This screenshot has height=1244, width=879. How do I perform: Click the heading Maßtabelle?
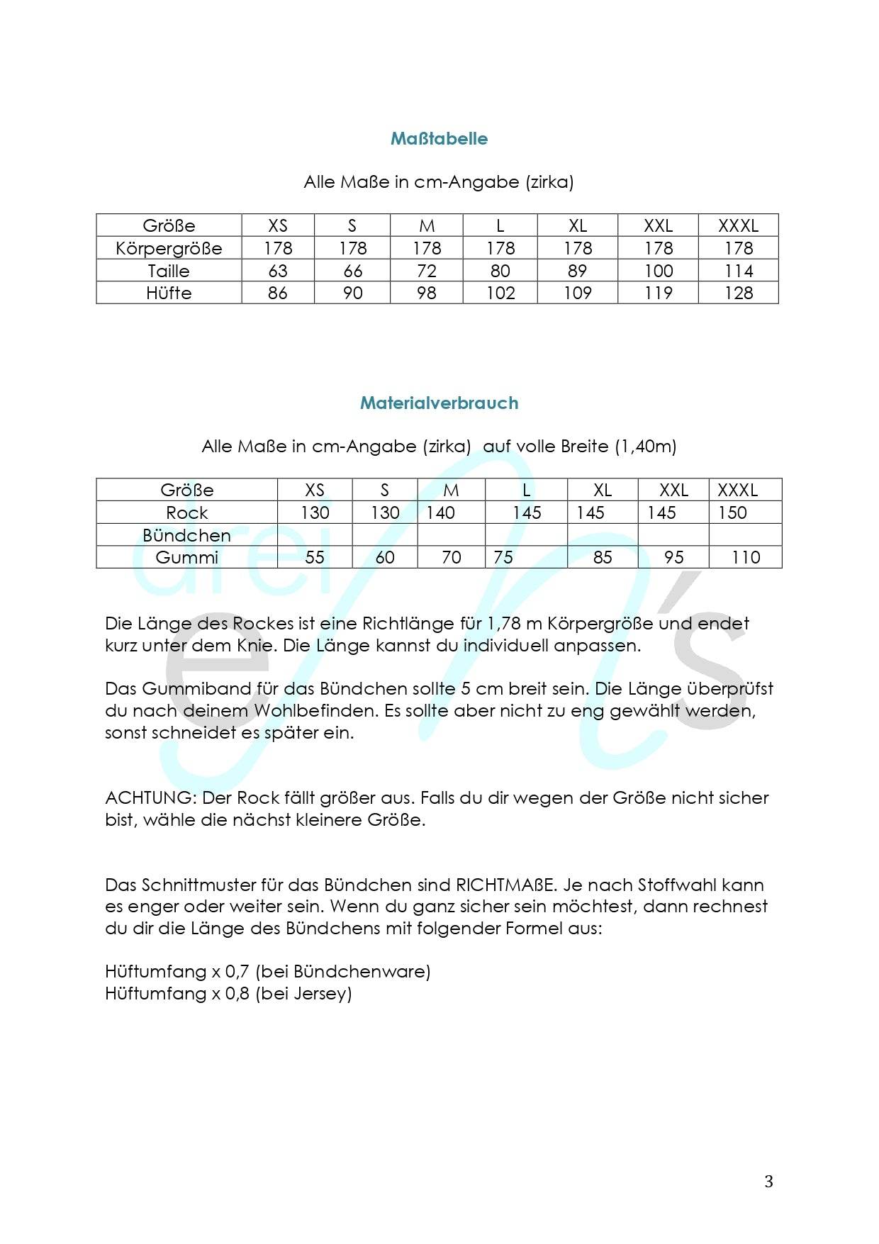click(439, 138)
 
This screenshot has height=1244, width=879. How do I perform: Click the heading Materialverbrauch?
click(439, 403)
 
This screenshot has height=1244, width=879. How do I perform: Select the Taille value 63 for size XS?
click(278, 271)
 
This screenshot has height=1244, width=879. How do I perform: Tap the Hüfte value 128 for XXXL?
click(739, 293)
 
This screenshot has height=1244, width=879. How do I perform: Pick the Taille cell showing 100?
click(659, 271)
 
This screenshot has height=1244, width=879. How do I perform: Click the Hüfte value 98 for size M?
click(427, 293)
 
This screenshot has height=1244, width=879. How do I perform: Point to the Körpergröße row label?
click(169, 248)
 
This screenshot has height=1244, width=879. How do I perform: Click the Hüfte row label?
click(169, 293)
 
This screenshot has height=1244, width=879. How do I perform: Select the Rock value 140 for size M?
click(440, 512)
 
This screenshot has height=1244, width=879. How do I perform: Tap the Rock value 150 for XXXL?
click(732, 512)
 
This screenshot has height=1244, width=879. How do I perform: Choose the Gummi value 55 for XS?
click(315, 557)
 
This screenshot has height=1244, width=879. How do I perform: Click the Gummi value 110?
click(746, 557)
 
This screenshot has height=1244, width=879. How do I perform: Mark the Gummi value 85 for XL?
click(603, 557)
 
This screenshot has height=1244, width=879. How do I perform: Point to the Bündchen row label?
click(186, 535)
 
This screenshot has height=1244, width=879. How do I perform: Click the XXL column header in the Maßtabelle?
click(659, 225)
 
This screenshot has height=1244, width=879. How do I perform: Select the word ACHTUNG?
click(148, 797)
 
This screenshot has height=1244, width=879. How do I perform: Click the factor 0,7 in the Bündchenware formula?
click(237, 971)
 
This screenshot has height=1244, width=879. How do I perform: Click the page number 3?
click(768, 1182)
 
